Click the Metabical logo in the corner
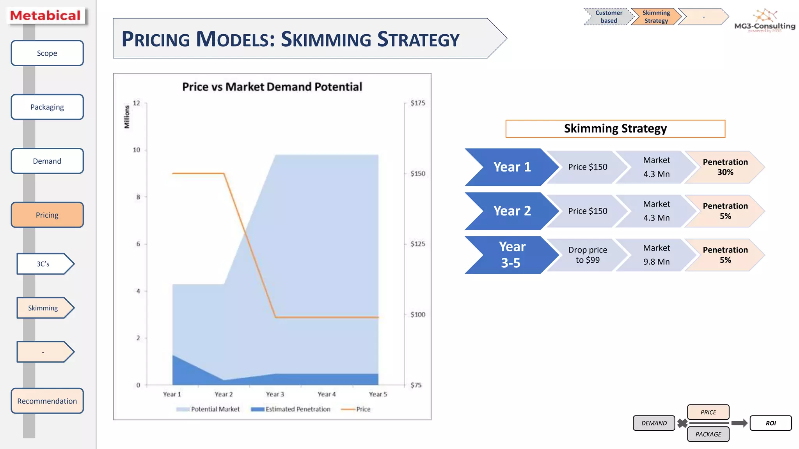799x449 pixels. coord(46,16)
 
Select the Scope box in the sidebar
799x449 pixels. coord(47,53)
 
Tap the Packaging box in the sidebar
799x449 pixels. coord(47,107)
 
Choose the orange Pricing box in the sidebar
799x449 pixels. coord(47,215)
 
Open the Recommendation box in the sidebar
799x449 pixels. coord(47,401)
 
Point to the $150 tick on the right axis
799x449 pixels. coord(417,173)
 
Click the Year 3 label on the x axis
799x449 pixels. coord(275,394)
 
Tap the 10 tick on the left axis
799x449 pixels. coord(137,150)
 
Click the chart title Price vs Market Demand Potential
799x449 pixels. coord(272,87)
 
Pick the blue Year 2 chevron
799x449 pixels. coord(511,211)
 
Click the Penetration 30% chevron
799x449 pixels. coord(724,167)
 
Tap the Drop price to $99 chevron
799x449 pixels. coord(587,255)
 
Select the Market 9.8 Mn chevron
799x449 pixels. coord(656,255)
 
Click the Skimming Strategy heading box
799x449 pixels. coord(615,129)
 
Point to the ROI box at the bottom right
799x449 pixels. coord(771,423)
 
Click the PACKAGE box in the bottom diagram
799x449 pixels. coord(708,434)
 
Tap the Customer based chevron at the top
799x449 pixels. coord(608,17)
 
